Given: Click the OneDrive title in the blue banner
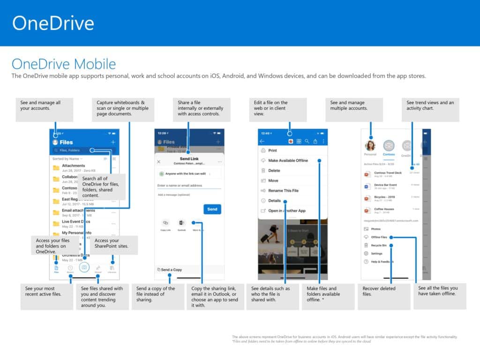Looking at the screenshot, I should [x=53, y=23].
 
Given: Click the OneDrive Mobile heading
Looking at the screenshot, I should [x=63, y=64].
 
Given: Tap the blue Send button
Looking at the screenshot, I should [x=212, y=209].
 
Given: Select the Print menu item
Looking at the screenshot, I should [x=272, y=150].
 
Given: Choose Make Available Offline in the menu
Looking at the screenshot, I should [x=288, y=160].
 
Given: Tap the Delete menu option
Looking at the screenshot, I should [x=274, y=171].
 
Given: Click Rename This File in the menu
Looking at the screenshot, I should [x=283, y=191].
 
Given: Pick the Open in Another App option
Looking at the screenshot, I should [x=286, y=211].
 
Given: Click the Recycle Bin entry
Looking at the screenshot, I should [x=379, y=245].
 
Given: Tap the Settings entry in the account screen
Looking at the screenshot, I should [x=376, y=254].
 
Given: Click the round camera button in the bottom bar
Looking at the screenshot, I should [x=84, y=267].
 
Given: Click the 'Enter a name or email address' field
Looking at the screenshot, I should [x=189, y=186].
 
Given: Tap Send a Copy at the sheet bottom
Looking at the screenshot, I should [x=172, y=270].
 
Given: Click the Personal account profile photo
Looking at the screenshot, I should [x=370, y=145].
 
